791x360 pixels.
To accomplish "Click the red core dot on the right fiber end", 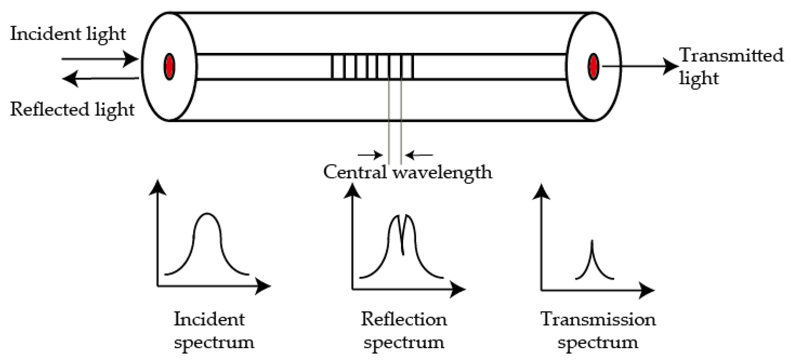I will click(594, 67).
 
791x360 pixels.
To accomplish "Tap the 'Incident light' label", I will click(68, 33).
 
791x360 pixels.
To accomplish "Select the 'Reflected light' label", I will click(72, 109).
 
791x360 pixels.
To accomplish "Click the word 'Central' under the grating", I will click(355, 172).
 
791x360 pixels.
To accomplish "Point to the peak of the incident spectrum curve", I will click(207, 214).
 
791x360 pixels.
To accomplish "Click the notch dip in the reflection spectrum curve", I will click(403, 253).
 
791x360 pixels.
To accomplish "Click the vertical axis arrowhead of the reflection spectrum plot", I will click(352, 191).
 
